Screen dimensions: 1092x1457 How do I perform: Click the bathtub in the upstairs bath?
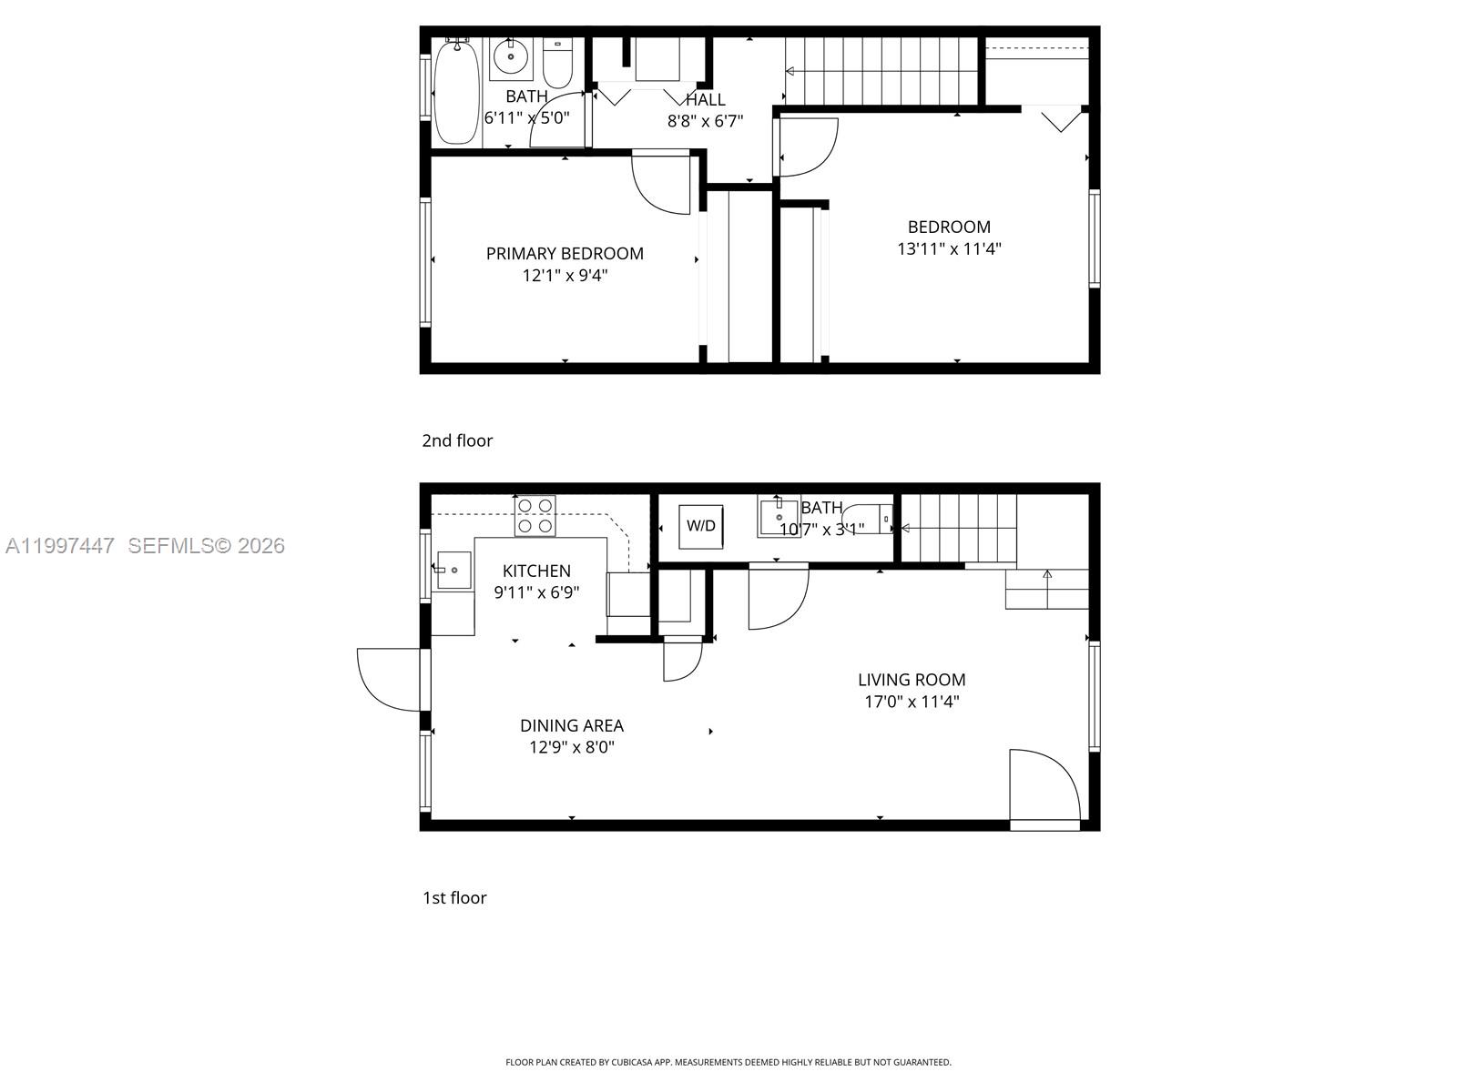(x=456, y=93)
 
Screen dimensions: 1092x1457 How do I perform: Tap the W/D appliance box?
(x=701, y=526)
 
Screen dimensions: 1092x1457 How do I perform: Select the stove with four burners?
(x=535, y=515)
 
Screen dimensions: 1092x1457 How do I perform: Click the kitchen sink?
(x=453, y=571)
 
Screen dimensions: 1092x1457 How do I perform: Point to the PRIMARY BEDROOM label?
(x=565, y=254)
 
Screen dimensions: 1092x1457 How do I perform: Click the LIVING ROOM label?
(x=912, y=680)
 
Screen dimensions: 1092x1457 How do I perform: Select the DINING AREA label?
(x=572, y=726)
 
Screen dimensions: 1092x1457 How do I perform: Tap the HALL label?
(x=706, y=100)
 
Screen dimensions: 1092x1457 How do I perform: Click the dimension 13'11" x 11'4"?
(x=949, y=248)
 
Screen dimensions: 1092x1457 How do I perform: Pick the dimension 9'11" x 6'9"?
(x=536, y=592)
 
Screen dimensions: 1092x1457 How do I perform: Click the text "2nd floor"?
(x=457, y=440)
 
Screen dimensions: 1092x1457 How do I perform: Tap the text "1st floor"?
(x=454, y=898)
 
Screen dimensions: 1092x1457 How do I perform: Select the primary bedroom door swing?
(x=663, y=184)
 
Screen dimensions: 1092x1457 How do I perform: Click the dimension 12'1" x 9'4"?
(x=565, y=276)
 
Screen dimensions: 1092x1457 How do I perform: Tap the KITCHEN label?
(x=536, y=571)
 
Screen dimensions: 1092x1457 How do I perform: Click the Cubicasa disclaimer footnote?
(x=728, y=1062)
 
